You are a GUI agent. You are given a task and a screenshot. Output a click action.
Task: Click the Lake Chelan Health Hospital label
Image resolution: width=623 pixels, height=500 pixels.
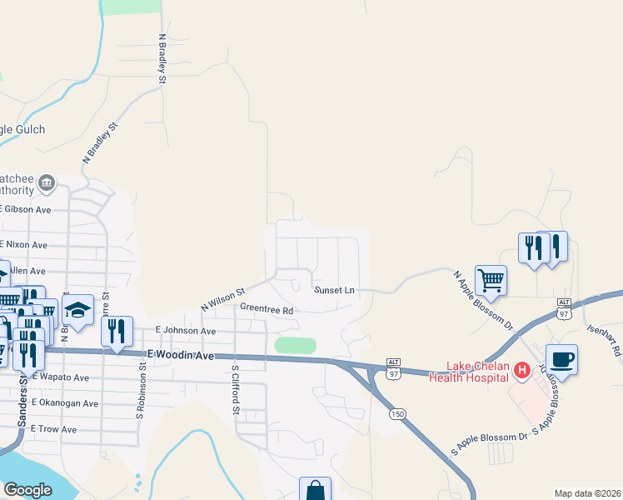click(468, 372)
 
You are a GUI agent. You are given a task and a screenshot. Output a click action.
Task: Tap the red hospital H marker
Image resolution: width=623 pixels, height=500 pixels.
click(522, 369)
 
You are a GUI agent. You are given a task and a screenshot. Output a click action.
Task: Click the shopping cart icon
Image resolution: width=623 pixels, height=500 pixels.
click(491, 281)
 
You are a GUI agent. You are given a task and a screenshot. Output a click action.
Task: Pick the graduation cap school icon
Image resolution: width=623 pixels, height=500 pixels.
click(78, 311)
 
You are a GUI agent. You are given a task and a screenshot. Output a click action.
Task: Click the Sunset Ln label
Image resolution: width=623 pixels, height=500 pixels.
click(334, 290)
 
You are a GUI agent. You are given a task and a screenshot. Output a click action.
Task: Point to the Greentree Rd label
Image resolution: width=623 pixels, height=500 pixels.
click(267, 308)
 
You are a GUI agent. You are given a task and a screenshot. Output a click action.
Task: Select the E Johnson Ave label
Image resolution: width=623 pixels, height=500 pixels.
click(185, 331)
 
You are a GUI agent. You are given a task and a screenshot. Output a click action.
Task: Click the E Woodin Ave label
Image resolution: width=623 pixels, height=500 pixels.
click(181, 355)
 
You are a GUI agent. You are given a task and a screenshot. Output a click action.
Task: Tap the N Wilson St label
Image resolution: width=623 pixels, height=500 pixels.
click(222, 300)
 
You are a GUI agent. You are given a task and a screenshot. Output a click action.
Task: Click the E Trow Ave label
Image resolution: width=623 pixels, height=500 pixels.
click(53, 428)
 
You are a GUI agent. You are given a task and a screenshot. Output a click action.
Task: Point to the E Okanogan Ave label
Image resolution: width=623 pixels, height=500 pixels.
click(65, 403)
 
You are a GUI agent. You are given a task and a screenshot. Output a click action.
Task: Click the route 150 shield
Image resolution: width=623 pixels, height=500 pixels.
click(397, 413)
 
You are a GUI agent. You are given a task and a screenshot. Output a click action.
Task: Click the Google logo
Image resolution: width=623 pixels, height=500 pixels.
click(27, 489)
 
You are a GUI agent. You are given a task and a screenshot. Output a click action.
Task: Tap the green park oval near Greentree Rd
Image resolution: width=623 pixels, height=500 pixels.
click(296, 345)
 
